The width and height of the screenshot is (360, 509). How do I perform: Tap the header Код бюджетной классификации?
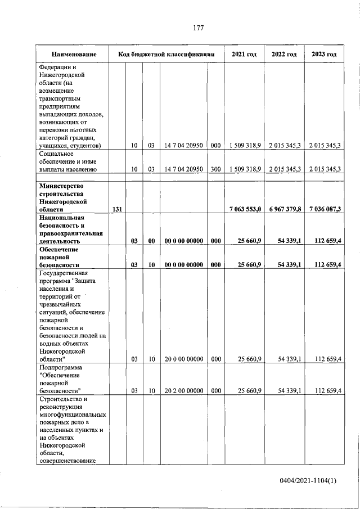tap(166, 55)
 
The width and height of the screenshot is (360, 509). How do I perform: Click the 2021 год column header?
tap(244, 55)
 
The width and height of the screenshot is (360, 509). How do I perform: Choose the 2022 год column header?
tap(284, 55)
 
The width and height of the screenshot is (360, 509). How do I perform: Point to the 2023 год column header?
tap(324, 55)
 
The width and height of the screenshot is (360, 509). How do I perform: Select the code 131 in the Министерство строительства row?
tap(118, 209)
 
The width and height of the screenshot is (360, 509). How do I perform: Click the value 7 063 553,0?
tap(245, 209)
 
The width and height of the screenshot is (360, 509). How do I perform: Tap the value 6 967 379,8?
tap(285, 209)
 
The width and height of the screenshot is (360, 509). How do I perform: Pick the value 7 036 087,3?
tap(324, 209)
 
